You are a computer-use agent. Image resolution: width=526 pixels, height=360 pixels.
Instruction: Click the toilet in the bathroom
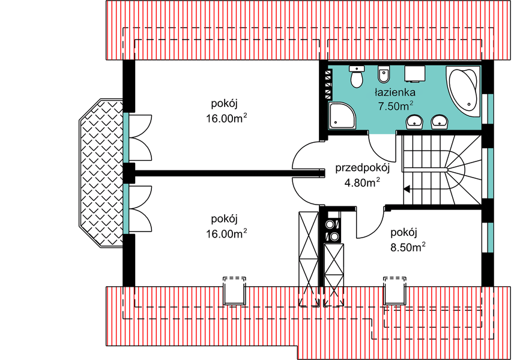357,76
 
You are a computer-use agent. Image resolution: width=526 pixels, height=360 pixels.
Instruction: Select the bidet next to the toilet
384,77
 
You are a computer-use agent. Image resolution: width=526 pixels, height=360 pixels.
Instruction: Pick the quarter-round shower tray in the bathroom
342,115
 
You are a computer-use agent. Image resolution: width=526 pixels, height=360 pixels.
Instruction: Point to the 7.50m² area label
395,106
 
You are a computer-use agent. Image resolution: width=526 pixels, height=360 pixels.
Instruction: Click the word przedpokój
363,168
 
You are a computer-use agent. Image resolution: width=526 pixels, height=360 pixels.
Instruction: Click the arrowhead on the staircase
407,189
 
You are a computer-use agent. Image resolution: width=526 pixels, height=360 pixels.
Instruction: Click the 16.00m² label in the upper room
226,118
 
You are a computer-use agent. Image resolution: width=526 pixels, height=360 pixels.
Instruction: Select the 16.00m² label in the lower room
226,233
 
